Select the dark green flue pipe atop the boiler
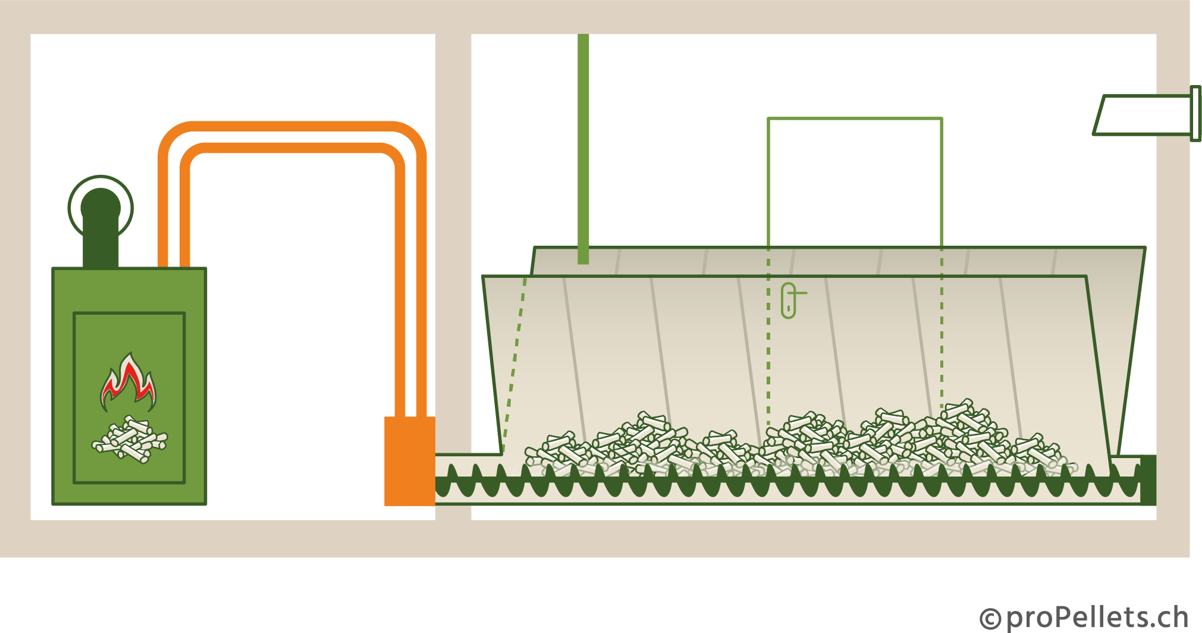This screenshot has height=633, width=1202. pos(101,238)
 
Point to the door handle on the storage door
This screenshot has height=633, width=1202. pos(789,300)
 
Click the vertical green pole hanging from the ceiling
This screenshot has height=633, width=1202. pos(583,149)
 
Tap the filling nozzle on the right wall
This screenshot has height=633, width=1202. pos(1142,115)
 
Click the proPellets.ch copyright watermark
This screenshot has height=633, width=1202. pos(1082,618)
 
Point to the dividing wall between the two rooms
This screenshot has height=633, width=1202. pos(453,238)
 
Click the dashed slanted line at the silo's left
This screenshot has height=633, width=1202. pos(514,363)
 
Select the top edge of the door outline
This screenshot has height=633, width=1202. pos(855,118)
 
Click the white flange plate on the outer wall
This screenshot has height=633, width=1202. pos(1195,114)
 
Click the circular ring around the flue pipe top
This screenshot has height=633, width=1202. pos(70,208)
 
